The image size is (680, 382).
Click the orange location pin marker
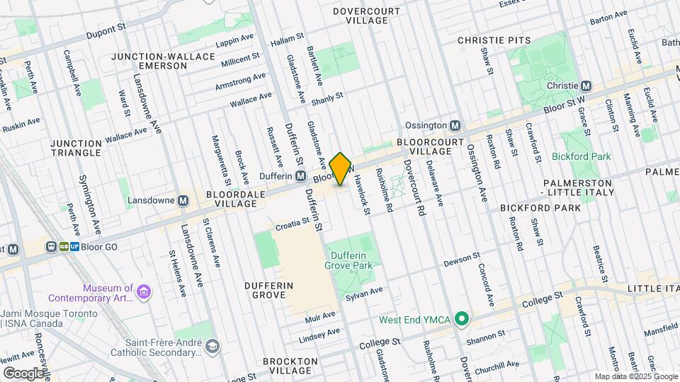[x=341, y=169]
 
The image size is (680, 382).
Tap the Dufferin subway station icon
[x=301, y=176]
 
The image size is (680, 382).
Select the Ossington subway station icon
[x=455, y=125]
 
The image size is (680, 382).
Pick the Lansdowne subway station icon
[x=183, y=200]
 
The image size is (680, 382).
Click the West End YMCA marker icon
[x=462, y=320]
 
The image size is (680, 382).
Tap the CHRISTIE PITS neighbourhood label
[x=494, y=40]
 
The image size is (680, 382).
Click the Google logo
[x=23, y=372]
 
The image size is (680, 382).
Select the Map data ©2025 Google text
[x=635, y=376]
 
